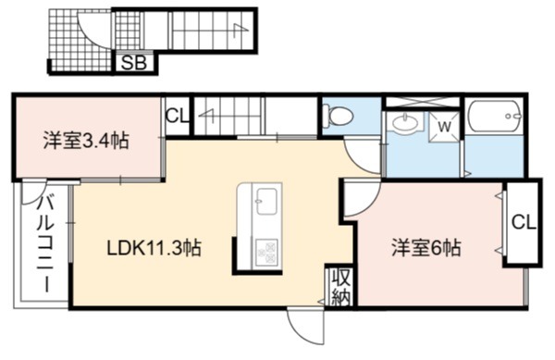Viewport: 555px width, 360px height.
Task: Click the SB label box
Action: point(134,63)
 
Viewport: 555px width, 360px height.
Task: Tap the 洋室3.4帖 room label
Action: point(86,141)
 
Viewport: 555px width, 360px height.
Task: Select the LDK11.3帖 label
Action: point(154,248)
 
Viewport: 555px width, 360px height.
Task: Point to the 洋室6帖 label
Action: point(426,248)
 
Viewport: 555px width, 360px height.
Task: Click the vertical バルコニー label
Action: point(46,244)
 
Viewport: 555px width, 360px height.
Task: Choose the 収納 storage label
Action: point(340,288)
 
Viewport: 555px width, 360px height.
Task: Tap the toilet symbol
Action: point(338,115)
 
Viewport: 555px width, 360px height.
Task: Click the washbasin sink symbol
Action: point(405,122)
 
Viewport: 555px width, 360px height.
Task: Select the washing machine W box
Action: point(444,127)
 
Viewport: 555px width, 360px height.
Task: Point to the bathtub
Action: point(495,116)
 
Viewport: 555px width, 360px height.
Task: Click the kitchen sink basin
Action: point(266,201)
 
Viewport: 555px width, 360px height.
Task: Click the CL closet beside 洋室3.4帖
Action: point(177,116)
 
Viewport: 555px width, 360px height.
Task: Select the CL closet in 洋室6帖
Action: point(524,223)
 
